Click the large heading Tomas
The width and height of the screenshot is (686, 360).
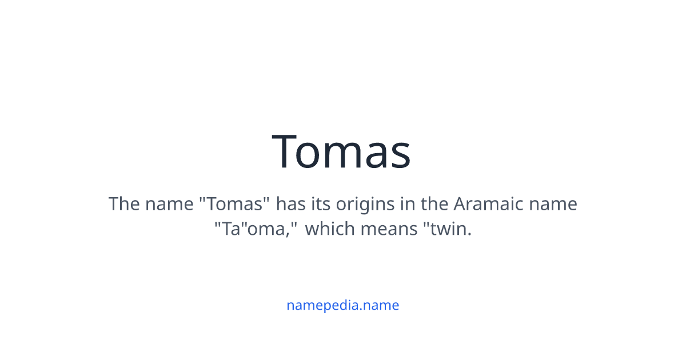[x=342, y=151]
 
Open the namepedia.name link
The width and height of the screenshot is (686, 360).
[x=342, y=305]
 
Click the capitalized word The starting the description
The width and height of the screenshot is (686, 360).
[x=124, y=204]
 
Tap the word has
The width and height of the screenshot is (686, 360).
[x=291, y=204]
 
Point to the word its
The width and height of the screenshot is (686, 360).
[x=321, y=204]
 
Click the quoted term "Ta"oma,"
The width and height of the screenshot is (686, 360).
[x=256, y=229]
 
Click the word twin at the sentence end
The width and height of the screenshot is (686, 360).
[x=450, y=229]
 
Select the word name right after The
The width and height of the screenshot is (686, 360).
[x=169, y=204]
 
